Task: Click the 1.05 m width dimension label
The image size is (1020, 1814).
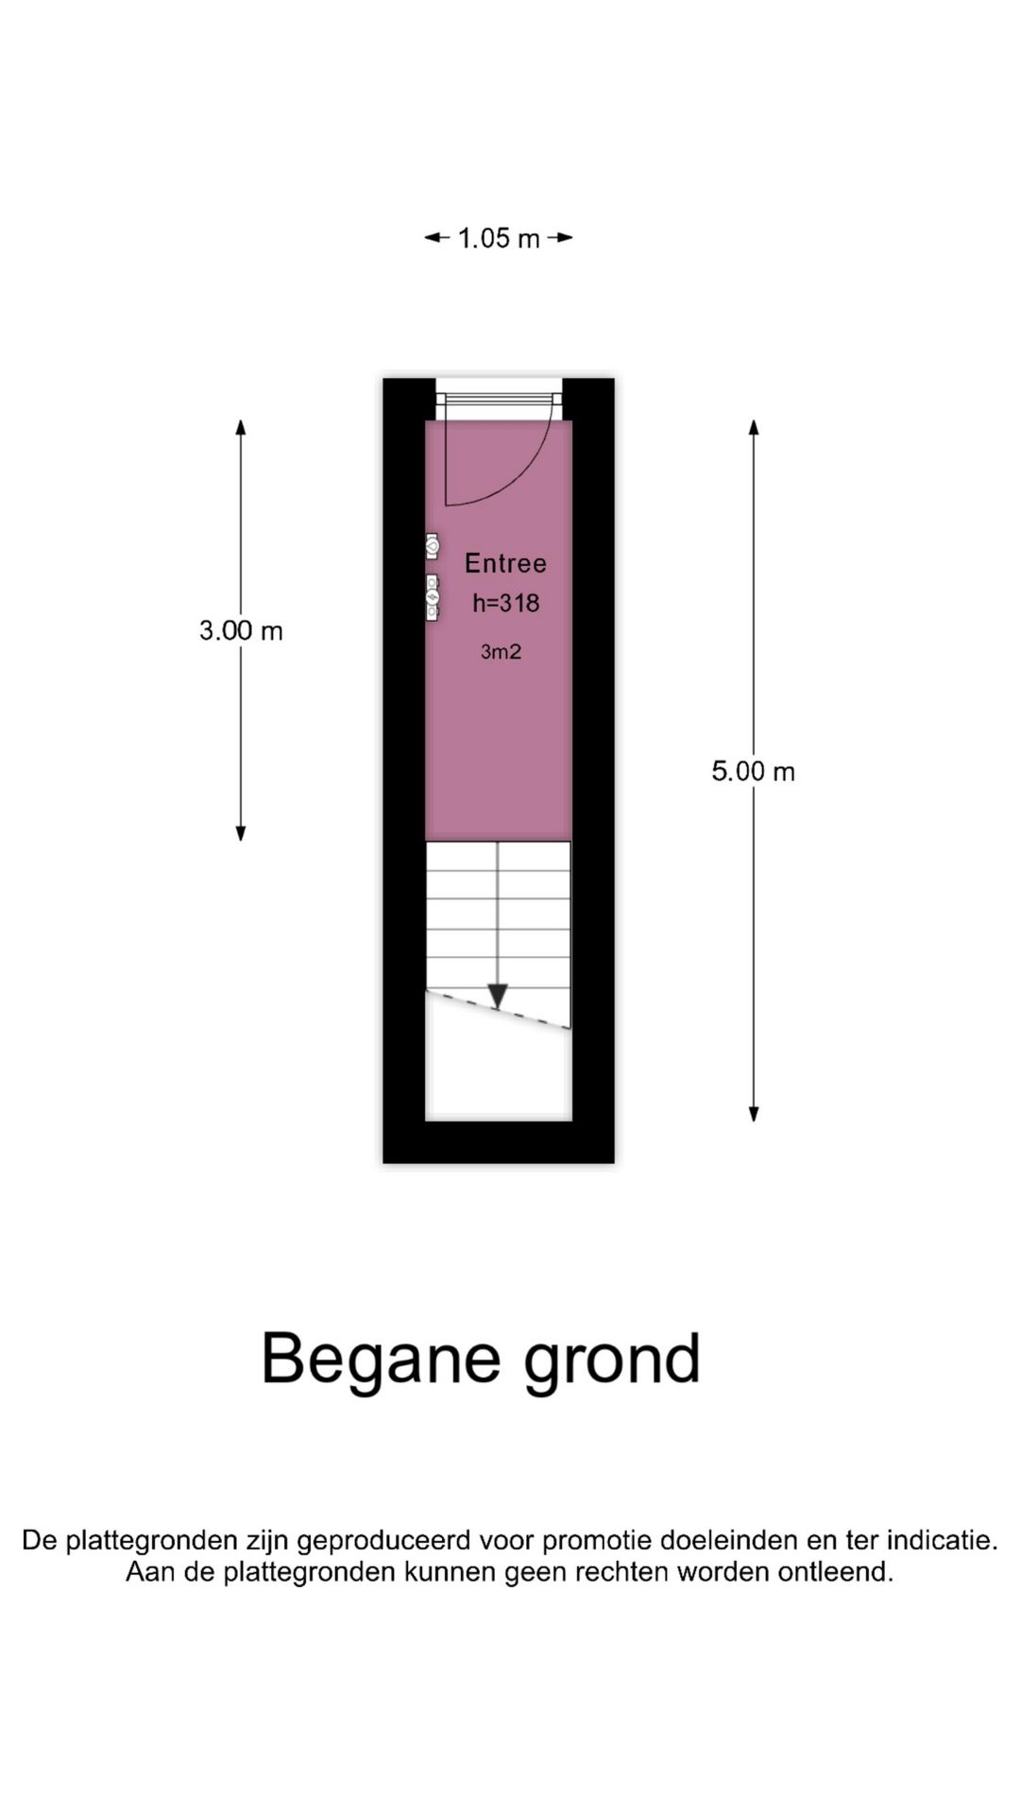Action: coord(499,238)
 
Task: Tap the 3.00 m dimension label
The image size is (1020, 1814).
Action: coord(241,630)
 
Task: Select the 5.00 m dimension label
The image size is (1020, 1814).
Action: coord(754,771)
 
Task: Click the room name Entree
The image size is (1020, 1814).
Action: coord(505,563)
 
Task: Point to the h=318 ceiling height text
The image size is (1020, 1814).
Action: coord(506,603)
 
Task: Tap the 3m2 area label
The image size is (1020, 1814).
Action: coord(501,651)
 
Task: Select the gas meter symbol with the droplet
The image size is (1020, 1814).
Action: coord(432,546)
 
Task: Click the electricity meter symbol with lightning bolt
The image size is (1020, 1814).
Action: coord(432,597)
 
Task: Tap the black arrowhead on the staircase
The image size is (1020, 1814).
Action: coord(498,996)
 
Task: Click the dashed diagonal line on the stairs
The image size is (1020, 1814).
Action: coord(498,1009)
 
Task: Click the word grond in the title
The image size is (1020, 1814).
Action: coord(612,1360)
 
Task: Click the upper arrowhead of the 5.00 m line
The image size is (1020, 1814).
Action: coord(754,427)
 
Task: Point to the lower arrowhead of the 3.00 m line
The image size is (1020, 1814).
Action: coord(241,832)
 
